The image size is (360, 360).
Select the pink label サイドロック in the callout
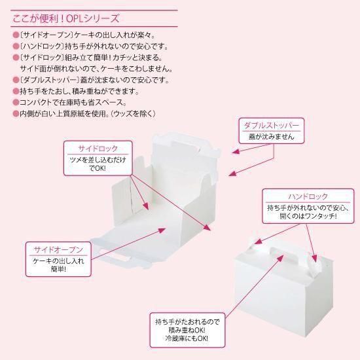(98, 148)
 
